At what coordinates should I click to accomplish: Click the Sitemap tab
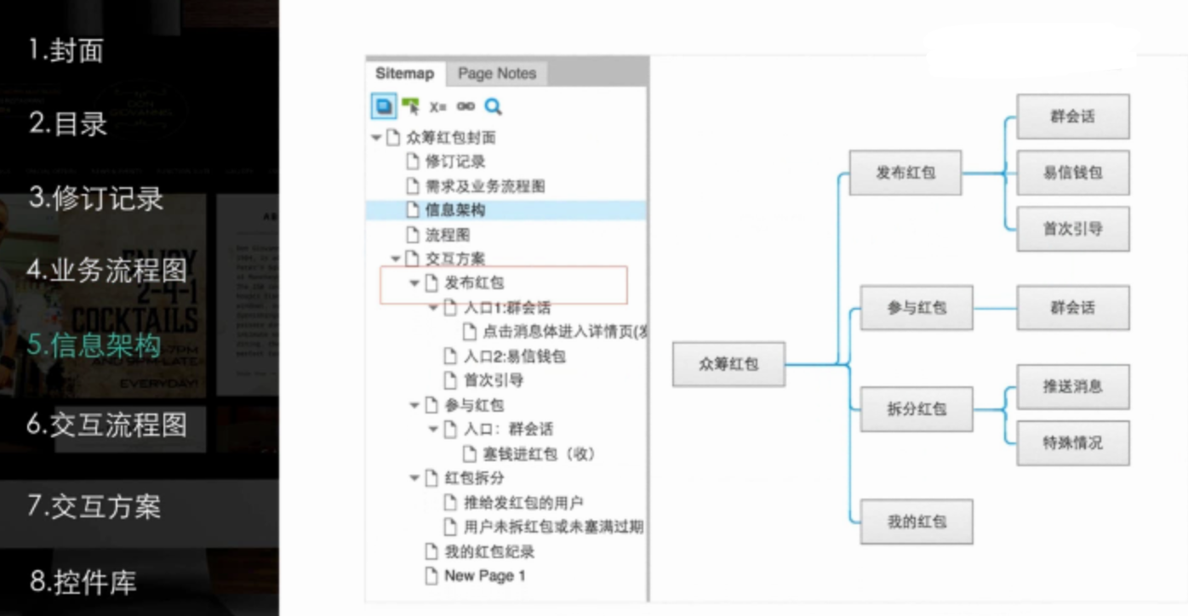click(404, 74)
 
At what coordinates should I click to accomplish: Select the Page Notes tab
click(497, 74)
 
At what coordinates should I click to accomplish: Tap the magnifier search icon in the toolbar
click(493, 106)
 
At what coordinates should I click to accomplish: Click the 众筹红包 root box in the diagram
click(728, 364)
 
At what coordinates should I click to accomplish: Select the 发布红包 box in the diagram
click(905, 173)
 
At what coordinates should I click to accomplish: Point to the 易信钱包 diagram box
click(1073, 173)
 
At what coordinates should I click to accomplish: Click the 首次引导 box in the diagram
click(1073, 229)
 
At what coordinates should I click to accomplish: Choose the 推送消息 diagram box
click(1073, 386)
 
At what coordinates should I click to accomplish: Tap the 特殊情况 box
click(1073, 442)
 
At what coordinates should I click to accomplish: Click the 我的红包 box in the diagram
click(917, 522)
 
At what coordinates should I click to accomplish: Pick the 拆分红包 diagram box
click(917, 409)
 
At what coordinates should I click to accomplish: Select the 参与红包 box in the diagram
click(917, 308)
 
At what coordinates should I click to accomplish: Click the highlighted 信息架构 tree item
click(455, 210)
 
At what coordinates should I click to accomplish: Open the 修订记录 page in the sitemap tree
click(455, 162)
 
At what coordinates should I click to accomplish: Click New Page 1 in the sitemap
click(484, 576)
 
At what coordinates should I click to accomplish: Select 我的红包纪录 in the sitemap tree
click(489, 552)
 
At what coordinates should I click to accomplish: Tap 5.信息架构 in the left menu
click(94, 345)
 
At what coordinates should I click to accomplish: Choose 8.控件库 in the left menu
click(83, 583)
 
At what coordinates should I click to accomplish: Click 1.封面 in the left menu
click(66, 50)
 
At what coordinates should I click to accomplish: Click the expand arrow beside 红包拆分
click(414, 478)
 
